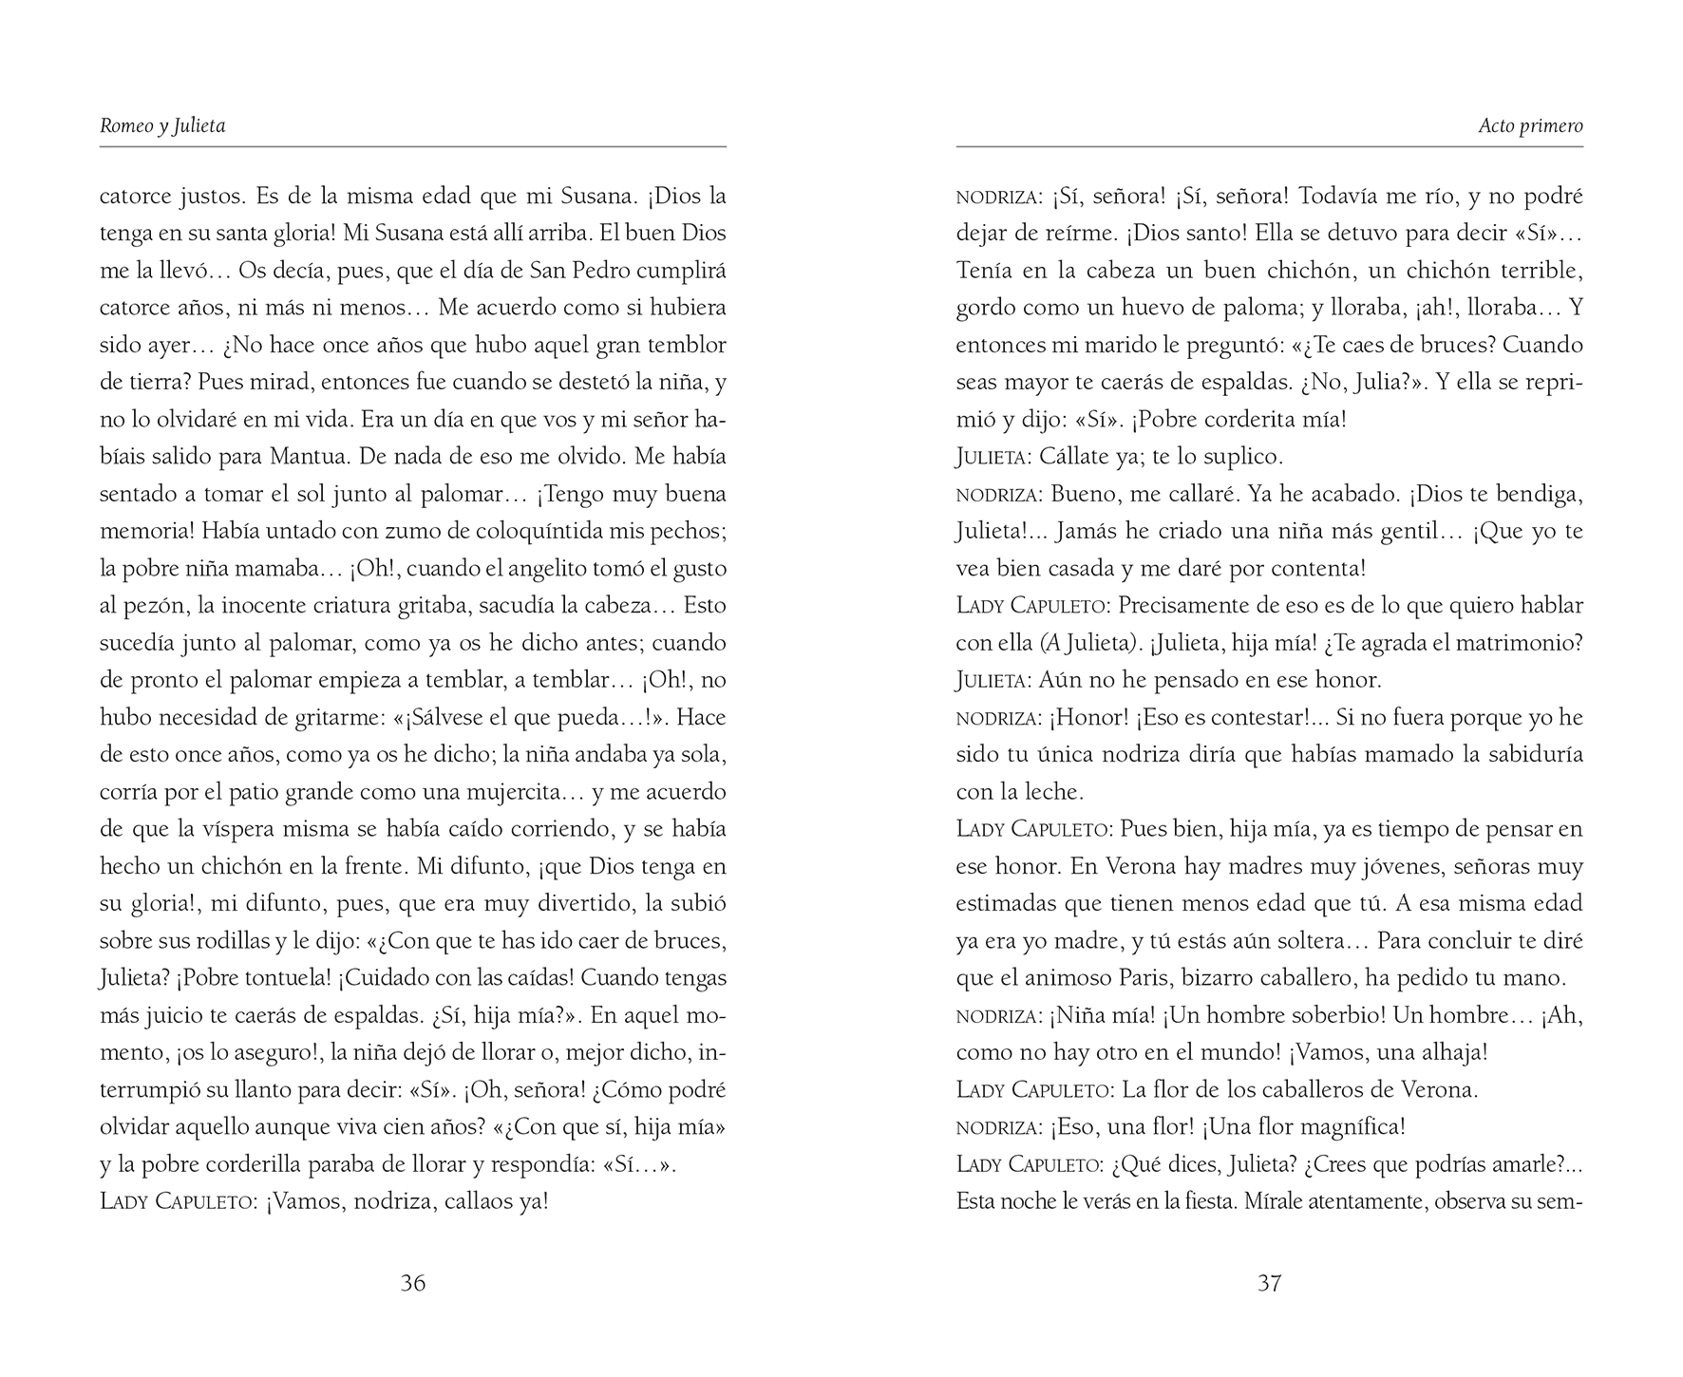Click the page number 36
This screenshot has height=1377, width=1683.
413,1283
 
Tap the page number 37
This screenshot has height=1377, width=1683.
1270,1283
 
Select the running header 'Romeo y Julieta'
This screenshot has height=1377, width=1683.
162,125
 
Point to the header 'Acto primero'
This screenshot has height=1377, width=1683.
1530,125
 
